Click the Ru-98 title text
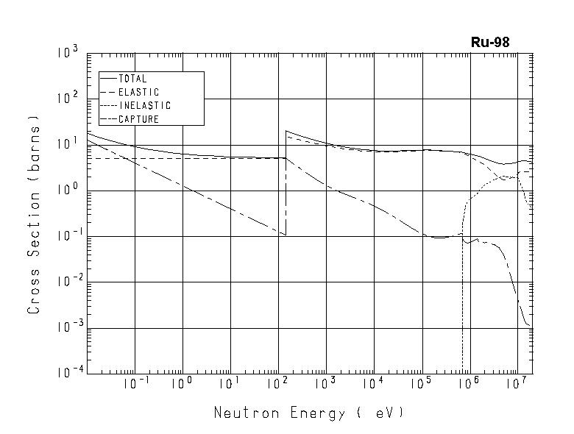pyautogui.click(x=490, y=43)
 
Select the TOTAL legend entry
pyautogui.click(x=132, y=79)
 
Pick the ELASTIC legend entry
pyautogui.click(x=138, y=93)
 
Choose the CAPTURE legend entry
pyautogui.click(x=138, y=119)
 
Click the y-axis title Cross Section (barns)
pyautogui.click(x=34, y=214)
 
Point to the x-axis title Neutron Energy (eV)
pyautogui.click(x=309, y=413)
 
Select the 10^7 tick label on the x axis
pyautogui.click(x=518, y=385)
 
